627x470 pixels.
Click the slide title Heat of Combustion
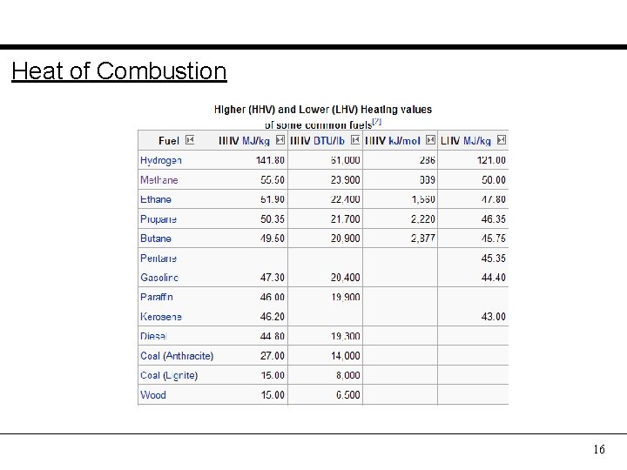[x=118, y=70]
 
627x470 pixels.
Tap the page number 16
[x=598, y=449]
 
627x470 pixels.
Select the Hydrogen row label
[x=161, y=160]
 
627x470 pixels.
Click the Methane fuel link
[x=159, y=180]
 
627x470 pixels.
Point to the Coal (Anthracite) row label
[x=177, y=356]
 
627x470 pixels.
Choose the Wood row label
[x=153, y=395]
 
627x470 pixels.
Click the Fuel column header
[x=169, y=140]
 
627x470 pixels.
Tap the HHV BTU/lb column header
[x=317, y=140]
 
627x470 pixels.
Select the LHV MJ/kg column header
[x=466, y=140]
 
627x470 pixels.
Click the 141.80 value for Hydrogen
[x=270, y=160]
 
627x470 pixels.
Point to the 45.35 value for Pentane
[x=493, y=258]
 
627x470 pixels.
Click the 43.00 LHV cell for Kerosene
[x=493, y=317]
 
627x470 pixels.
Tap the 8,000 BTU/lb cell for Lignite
[x=347, y=376]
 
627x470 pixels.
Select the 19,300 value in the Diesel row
[x=345, y=337]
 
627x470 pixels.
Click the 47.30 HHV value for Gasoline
[x=272, y=278]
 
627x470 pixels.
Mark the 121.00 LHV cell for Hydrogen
[x=491, y=160]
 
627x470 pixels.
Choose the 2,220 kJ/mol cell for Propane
[x=422, y=219]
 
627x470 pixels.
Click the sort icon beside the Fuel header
[x=190, y=140]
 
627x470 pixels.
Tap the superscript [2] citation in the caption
[x=377, y=121]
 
